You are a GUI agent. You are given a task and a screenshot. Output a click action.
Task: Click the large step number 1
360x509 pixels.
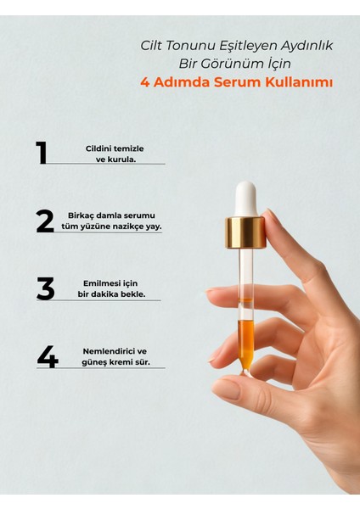[x=41, y=153]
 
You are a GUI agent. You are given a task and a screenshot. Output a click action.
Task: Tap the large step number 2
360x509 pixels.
[x=45, y=221]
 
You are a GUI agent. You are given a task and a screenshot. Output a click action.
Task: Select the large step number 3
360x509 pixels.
[x=45, y=288]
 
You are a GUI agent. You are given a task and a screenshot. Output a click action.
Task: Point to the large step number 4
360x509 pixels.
[x=47, y=357]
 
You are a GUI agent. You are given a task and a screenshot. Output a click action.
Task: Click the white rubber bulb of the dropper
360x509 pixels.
[x=246, y=198]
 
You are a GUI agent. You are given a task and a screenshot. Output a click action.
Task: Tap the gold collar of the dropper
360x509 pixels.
[x=246, y=231]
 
